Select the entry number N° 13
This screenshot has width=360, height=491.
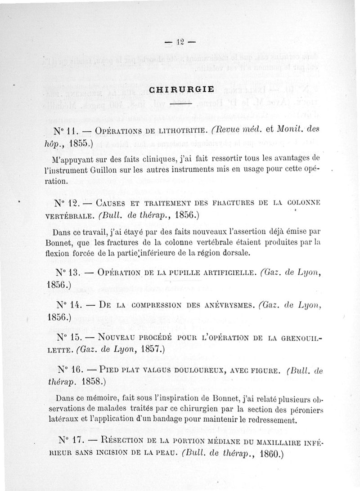coord(68,272)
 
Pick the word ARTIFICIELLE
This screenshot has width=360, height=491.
coord(229,272)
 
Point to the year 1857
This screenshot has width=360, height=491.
coord(150,348)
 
